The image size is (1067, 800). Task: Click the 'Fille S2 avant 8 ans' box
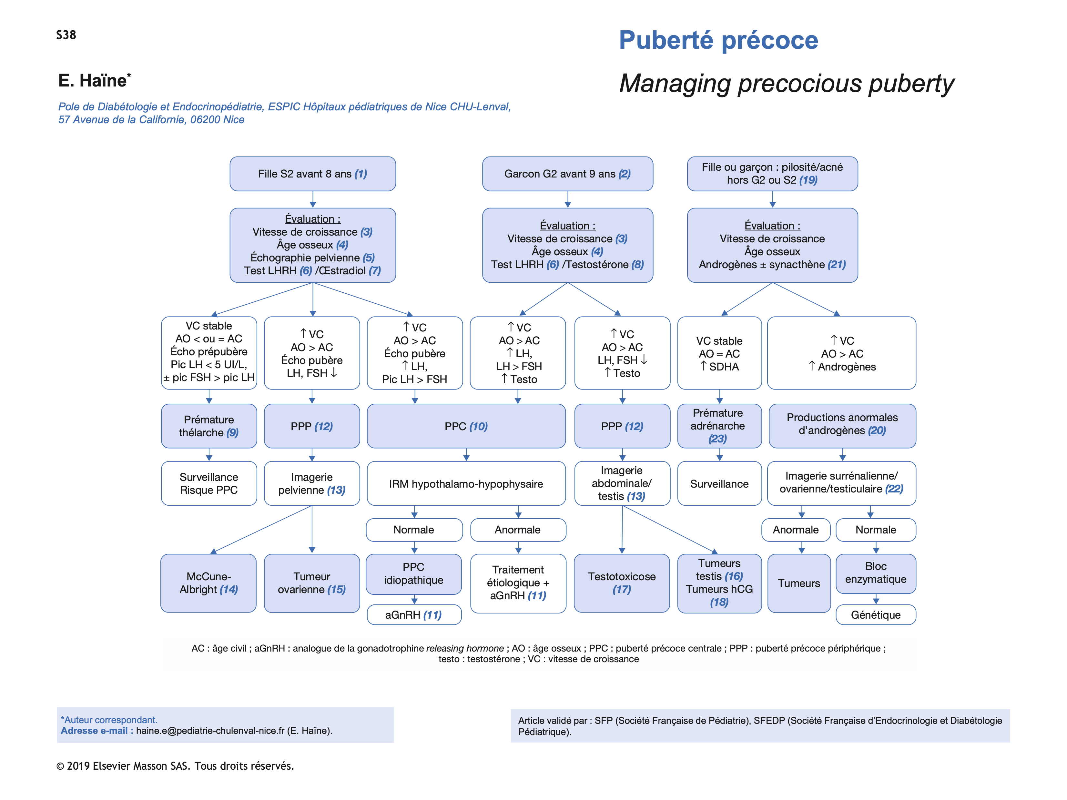tap(312, 174)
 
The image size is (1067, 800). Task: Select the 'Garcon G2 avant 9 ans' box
tap(567, 174)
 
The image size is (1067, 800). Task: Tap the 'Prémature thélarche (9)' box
tap(209, 426)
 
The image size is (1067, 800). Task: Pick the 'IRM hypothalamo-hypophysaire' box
tap(466, 484)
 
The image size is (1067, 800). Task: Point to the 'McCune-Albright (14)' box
tap(208, 583)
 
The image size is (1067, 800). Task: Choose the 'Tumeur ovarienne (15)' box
tap(311, 583)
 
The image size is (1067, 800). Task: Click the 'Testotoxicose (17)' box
tap(622, 583)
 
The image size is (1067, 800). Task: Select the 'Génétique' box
tap(876, 615)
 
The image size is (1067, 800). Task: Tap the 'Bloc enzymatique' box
tap(876, 573)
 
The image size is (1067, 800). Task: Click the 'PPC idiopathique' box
tap(413, 574)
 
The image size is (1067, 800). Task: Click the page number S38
tap(66, 35)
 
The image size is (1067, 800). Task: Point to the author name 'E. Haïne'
tap(93, 81)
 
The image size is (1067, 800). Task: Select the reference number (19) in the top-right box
tap(808, 180)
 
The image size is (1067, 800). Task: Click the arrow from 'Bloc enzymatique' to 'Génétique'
tap(876, 599)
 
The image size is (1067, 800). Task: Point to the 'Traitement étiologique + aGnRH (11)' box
tap(518, 583)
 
